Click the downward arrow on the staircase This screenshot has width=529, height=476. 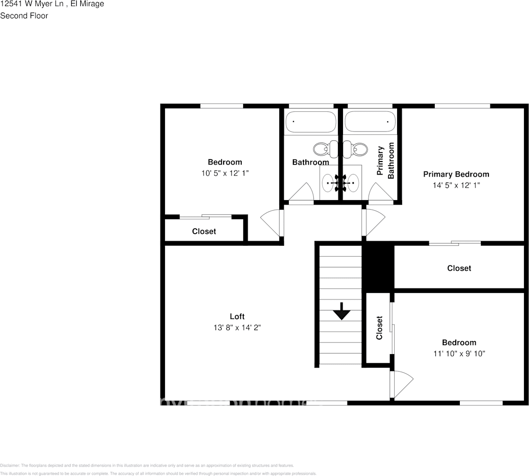pyautogui.click(x=341, y=311)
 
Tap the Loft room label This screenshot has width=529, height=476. pyautogui.click(x=237, y=316)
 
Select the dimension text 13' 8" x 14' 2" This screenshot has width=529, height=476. pyautogui.click(x=237, y=328)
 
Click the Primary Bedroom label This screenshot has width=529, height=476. pyautogui.click(x=456, y=175)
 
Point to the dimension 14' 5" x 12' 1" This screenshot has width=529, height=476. pyautogui.click(x=456, y=185)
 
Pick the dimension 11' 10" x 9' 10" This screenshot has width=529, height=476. pyautogui.click(x=459, y=354)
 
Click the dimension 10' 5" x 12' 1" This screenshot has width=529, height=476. pyautogui.click(x=225, y=173)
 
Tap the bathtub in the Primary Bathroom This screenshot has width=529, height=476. pyautogui.click(x=370, y=121)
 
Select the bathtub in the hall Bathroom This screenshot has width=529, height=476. pyautogui.click(x=310, y=121)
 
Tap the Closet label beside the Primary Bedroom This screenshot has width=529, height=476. pyautogui.click(x=459, y=268)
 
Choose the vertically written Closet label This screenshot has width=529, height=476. pyautogui.click(x=379, y=328)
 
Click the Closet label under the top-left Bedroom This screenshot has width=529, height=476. pyautogui.click(x=204, y=231)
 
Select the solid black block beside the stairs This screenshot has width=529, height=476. pyautogui.click(x=378, y=266)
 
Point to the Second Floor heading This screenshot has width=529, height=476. pyautogui.click(x=24, y=16)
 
